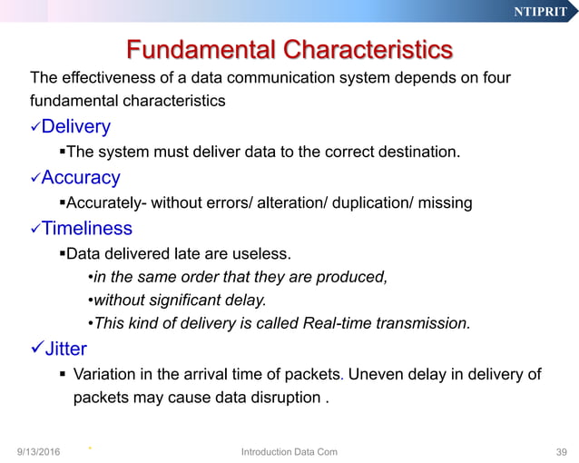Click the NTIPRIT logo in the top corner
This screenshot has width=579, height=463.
[539, 12]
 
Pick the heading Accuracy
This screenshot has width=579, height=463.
[81, 177]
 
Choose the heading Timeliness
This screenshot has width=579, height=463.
[87, 228]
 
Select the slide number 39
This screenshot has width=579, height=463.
[560, 451]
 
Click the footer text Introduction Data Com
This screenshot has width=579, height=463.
[289, 451]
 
